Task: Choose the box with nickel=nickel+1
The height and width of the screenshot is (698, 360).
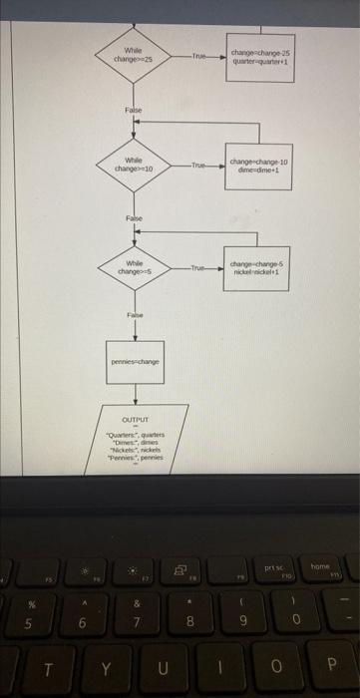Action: coord(258,267)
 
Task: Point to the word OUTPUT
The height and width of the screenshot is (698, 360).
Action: coord(135,421)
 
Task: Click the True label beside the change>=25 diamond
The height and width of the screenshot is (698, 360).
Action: coord(199,56)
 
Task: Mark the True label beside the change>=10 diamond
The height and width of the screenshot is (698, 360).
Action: coord(199,165)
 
